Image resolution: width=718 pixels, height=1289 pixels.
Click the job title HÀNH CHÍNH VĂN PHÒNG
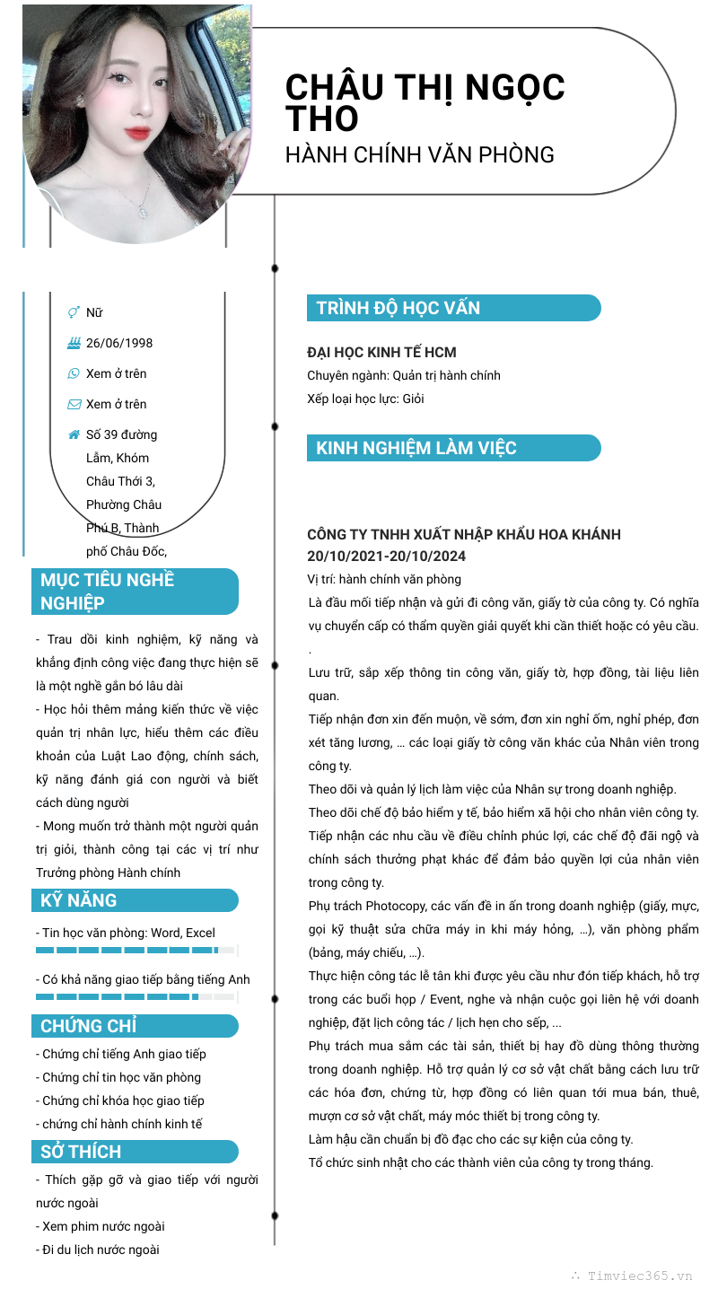(419, 154)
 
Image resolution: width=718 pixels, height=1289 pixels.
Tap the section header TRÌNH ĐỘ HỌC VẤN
(398, 308)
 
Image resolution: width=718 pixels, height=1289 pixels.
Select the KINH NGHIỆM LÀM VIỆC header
(416, 448)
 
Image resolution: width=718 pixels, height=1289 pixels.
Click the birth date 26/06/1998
(119, 343)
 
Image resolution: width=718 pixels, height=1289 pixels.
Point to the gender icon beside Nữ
(74, 312)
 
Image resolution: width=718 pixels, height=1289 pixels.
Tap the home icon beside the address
(74, 434)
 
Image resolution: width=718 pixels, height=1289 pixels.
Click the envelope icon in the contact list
(74, 404)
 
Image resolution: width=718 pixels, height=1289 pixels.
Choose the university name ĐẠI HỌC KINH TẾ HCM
(381, 353)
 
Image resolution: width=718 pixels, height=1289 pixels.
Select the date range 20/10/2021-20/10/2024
(387, 557)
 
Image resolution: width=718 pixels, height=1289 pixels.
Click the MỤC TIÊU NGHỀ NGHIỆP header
(108, 591)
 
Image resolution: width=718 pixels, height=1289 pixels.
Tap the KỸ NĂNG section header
(79, 900)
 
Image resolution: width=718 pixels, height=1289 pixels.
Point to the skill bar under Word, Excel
(135, 950)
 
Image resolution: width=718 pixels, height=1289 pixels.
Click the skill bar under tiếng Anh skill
(135, 996)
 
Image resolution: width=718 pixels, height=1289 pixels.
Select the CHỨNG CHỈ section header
(89, 1026)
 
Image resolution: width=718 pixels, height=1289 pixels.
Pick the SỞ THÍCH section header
(81, 1152)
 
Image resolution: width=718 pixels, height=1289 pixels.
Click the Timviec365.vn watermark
(639, 1275)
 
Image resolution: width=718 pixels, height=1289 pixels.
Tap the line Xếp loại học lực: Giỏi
(365, 399)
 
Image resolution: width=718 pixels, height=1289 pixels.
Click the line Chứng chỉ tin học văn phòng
(122, 1077)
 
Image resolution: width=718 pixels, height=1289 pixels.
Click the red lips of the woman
(137, 132)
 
